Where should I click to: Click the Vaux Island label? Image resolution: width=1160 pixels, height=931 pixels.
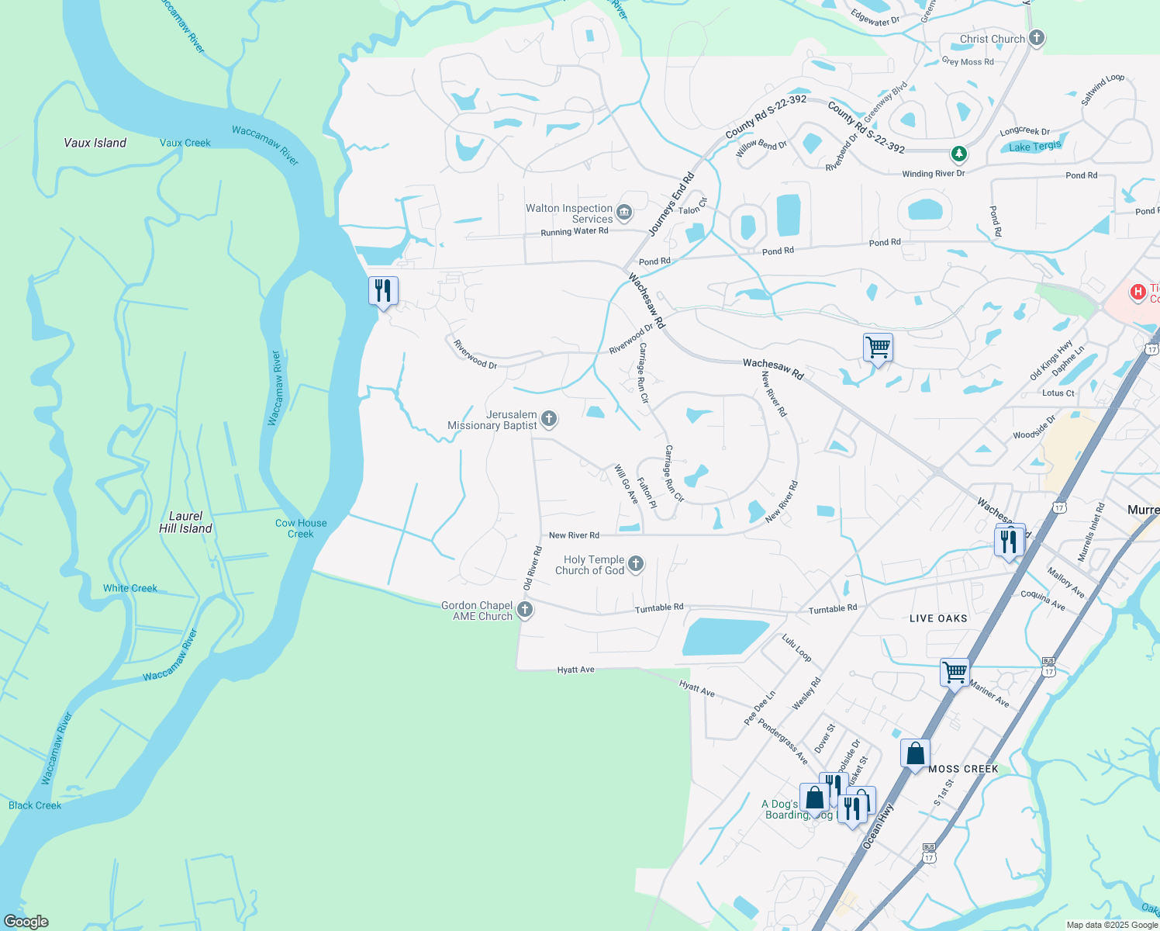[x=95, y=143]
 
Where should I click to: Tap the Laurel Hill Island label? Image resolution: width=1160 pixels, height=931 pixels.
[x=185, y=522]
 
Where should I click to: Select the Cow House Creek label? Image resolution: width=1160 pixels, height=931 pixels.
[x=301, y=528]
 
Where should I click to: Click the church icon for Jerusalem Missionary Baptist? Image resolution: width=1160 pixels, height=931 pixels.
[x=549, y=420]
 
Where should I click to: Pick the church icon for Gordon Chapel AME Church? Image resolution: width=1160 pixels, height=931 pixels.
[x=525, y=610]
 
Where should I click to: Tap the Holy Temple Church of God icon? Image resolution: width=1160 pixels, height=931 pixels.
[x=636, y=564]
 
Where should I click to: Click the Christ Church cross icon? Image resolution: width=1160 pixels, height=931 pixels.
[x=1037, y=38]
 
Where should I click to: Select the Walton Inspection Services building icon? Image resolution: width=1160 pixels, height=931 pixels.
[x=624, y=212]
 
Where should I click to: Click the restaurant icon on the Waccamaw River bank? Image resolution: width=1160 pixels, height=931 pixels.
[x=383, y=291]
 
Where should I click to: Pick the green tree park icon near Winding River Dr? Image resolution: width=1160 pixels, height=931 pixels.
[x=959, y=154]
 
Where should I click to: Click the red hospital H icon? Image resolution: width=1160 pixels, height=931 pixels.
[x=1138, y=292]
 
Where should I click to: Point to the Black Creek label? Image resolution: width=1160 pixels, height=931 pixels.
[x=35, y=805]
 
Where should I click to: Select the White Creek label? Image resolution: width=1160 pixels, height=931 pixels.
[x=130, y=588]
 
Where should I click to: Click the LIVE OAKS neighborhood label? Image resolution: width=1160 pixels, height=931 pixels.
[x=938, y=618]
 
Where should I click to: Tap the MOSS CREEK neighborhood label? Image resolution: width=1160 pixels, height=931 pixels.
[x=963, y=769]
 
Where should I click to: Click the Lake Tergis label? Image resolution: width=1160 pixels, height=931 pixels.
[x=1035, y=146]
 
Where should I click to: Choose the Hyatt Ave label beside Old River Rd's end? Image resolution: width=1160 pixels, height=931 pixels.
[x=575, y=670]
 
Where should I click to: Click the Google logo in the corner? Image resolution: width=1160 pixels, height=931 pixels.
[x=26, y=922]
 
